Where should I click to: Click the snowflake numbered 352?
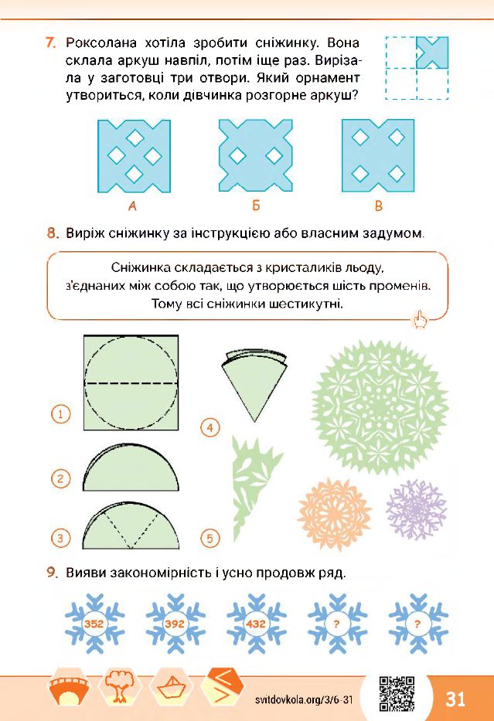[x=94, y=624]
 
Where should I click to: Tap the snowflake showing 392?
[x=175, y=624]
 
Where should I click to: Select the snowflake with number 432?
[x=256, y=624]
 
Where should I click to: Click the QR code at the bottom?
[x=397, y=694]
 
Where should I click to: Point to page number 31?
[x=455, y=699]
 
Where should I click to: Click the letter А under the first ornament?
[x=132, y=206]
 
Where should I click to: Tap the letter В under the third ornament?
[x=379, y=206]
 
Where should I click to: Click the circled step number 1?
[x=60, y=414]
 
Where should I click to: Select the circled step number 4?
[x=210, y=427]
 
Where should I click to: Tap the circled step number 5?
[x=210, y=538]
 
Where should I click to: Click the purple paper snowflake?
[x=416, y=510]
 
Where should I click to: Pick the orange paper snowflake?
[x=335, y=514]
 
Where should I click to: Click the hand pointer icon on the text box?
[x=421, y=318]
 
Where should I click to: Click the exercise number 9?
[x=53, y=573]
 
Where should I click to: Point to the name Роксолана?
[x=101, y=43]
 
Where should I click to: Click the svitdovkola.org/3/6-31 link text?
[x=304, y=699]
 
